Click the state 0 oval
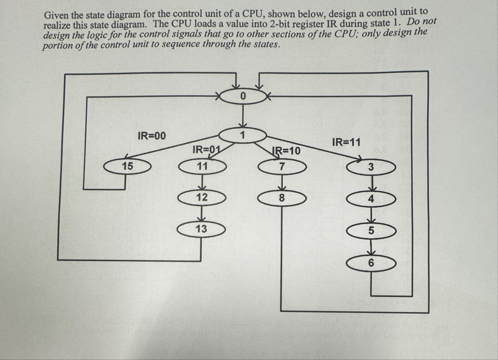[243, 96]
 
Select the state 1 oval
[243, 135]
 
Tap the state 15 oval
[127, 166]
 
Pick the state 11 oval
[202, 166]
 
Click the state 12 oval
[202, 197]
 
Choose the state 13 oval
[201, 229]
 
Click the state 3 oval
[371, 167]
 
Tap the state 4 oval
[371, 199]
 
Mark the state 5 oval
[371, 231]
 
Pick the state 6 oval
[371, 263]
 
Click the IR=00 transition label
[152, 136]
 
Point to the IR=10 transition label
[286, 151]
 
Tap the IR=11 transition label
[346, 142]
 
